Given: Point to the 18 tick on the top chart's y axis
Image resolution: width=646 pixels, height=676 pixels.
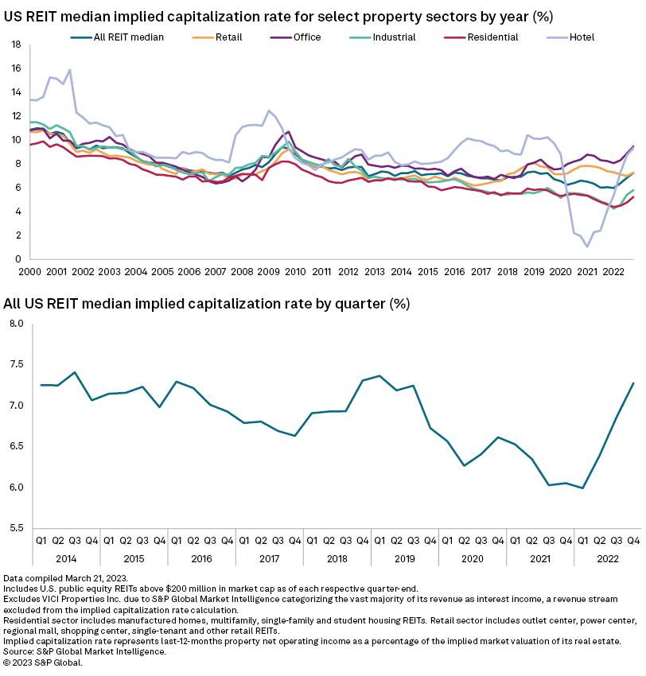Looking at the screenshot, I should tap(15, 45).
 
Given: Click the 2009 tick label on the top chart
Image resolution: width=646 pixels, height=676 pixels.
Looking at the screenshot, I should tap(268, 272).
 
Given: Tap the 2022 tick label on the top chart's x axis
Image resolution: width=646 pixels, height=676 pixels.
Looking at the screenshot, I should tap(613, 272).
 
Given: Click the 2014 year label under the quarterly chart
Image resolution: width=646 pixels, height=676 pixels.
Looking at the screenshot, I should tap(66, 558).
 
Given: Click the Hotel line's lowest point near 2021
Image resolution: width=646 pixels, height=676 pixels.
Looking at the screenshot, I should tap(587, 247).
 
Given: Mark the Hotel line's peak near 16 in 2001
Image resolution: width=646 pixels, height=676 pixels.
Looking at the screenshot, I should tap(69, 69).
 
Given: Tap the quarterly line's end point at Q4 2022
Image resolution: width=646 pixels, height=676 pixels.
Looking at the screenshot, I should tap(633, 383).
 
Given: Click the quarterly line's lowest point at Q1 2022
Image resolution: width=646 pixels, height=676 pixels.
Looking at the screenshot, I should tap(583, 488).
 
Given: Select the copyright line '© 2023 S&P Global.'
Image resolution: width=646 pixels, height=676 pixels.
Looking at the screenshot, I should tap(43, 662).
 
